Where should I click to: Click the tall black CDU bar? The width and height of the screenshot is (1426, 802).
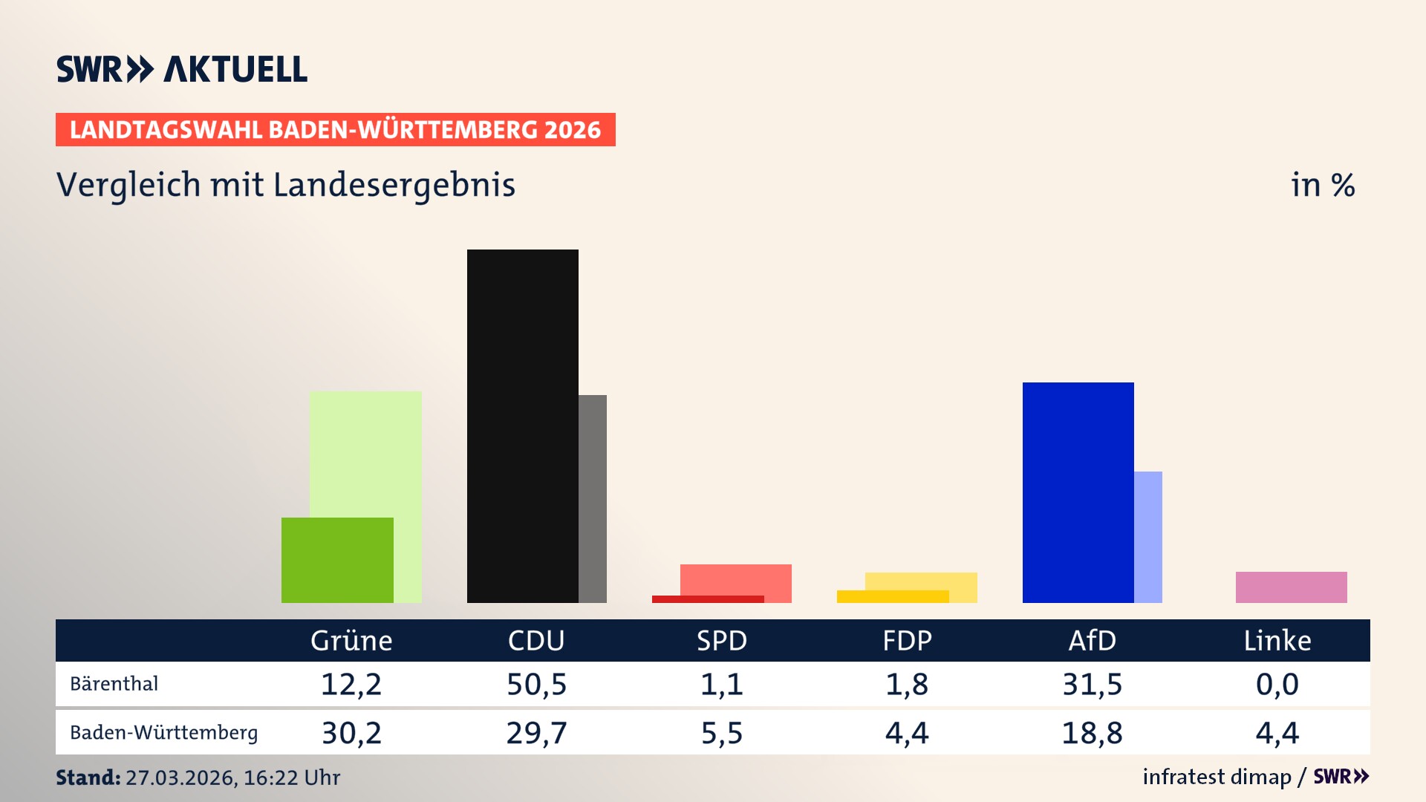[x=522, y=426]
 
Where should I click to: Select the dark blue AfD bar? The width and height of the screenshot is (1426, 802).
[x=1078, y=492]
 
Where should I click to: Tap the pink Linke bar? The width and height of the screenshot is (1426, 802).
[x=1291, y=587]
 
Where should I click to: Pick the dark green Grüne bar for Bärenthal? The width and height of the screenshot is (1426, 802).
[x=337, y=560]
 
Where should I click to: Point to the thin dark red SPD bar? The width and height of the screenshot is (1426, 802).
[x=707, y=599]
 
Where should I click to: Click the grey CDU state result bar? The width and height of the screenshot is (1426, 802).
[x=593, y=498]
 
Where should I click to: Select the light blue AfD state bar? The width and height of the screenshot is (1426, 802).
[x=1148, y=537]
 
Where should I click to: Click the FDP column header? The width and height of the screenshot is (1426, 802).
[x=907, y=641]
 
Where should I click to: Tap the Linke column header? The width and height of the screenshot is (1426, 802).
[x=1277, y=641]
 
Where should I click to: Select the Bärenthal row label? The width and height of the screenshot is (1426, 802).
[x=114, y=684]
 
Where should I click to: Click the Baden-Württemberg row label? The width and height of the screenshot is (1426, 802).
[x=164, y=733]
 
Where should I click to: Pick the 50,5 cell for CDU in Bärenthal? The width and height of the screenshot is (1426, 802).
[x=536, y=684]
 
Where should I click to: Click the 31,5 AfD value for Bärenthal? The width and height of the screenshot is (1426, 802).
[x=1092, y=684]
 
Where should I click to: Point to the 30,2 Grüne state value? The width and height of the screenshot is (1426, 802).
[x=351, y=733]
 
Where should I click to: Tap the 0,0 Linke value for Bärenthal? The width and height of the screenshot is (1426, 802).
[x=1277, y=684]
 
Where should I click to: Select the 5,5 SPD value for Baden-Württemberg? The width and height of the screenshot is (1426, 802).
[x=722, y=733]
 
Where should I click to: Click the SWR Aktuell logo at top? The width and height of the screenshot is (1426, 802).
[x=182, y=69]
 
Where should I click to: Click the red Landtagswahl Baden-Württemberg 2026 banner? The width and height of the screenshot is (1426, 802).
[x=335, y=130]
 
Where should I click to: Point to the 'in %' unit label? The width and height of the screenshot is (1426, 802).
[x=1323, y=185]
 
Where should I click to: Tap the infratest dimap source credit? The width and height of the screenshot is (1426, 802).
[x=1217, y=777]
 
